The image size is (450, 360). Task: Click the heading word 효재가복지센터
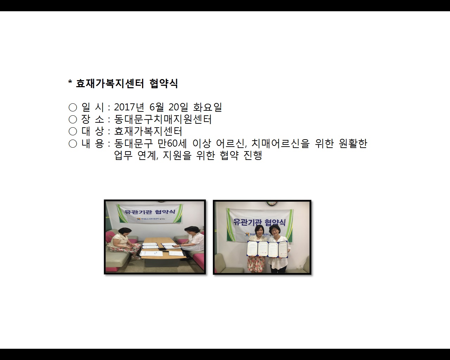point(110,84)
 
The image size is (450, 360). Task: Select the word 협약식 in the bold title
point(163,84)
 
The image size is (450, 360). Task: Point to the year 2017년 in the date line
point(129,107)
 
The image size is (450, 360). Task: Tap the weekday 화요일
point(207,107)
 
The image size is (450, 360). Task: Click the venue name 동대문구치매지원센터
point(163,120)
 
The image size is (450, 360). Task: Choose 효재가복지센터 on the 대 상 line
point(148,131)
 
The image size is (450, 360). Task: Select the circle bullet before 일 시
point(72,108)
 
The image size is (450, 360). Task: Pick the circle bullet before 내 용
point(72,143)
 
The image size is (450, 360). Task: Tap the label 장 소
point(93,120)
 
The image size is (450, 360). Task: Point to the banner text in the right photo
point(259,221)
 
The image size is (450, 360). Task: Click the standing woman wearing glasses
point(277,246)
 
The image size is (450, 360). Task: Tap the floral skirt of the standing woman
point(256,264)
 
